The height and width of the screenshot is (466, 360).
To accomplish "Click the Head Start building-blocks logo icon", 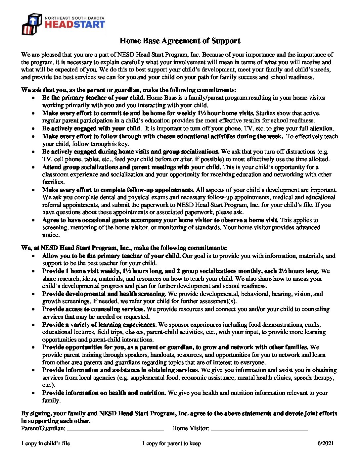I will [32, 24].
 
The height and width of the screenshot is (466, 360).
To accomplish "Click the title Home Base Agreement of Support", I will [180, 41].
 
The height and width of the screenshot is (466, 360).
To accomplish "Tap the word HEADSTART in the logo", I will [75, 24].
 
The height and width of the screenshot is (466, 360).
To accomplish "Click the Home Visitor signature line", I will [259, 430].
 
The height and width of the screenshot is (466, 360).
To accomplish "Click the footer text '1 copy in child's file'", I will [46, 443].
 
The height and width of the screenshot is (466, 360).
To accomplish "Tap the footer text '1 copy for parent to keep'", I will [171, 443].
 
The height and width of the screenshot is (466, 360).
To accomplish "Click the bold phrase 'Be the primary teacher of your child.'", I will [93, 98].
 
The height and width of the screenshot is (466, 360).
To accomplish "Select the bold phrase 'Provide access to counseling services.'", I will [94, 309].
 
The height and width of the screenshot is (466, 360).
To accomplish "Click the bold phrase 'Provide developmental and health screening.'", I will [104, 294].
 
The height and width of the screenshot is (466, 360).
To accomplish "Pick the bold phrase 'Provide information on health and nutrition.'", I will [104, 393].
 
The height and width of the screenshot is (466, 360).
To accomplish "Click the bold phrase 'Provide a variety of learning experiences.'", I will [99, 325].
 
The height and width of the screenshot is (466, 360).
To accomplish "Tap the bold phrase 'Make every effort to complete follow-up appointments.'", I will [118, 190].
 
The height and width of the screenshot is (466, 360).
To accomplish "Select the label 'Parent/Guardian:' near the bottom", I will [43, 428].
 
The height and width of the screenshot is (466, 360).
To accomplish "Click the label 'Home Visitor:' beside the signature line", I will [190, 428].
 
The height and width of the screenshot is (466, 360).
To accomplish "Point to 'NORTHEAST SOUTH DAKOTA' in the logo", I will [74, 18].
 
